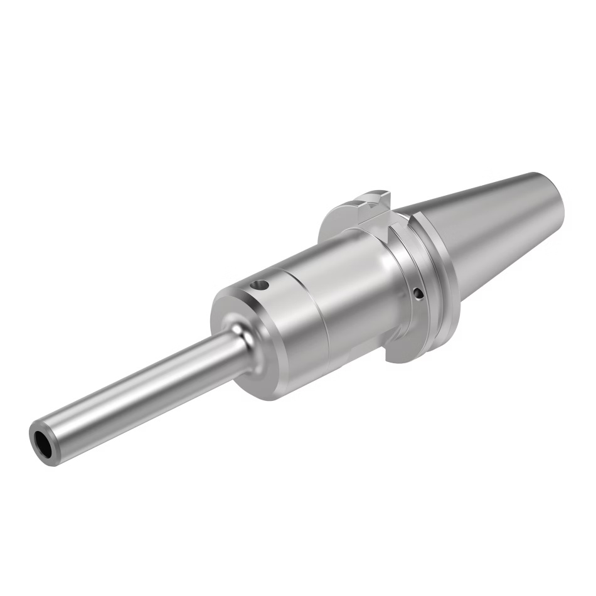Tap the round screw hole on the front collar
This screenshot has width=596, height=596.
258,287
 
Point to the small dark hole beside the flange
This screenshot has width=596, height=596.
417,292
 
